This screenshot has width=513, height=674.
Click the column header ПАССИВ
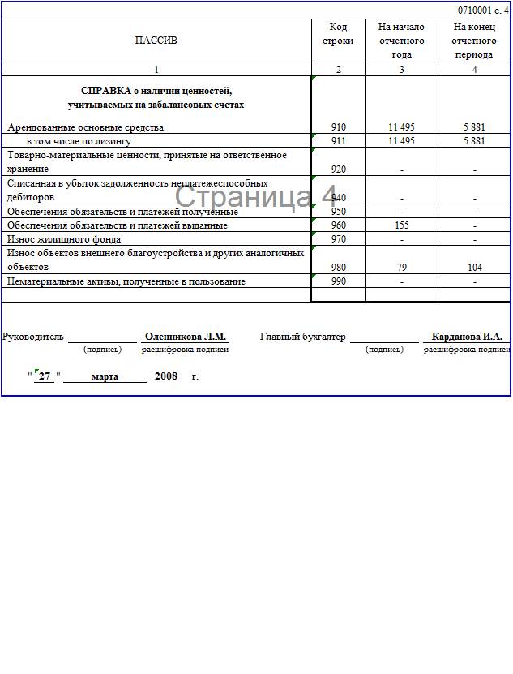tap(156, 41)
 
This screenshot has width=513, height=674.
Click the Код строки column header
tap(338, 34)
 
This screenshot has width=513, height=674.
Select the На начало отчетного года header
tap(401, 41)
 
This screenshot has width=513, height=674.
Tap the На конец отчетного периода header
tap(474, 41)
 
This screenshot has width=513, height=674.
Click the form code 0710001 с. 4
tap(483, 10)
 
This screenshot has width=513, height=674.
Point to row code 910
tap(338, 127)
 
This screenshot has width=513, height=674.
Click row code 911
tap(338, 140)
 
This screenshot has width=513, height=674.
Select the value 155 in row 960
tap(401, 225)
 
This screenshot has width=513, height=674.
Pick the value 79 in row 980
tap(401, 267)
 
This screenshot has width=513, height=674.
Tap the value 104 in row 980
tap(474, 267)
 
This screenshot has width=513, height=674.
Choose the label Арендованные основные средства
tap(85, 127)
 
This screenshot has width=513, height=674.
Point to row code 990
tap(338, 281)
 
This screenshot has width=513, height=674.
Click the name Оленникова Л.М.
tap(185, 337)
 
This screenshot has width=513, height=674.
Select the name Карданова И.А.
tap(467, 337)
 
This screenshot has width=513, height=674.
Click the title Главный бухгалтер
tap(302, 337)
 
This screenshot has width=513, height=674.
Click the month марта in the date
tap(105, 376)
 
